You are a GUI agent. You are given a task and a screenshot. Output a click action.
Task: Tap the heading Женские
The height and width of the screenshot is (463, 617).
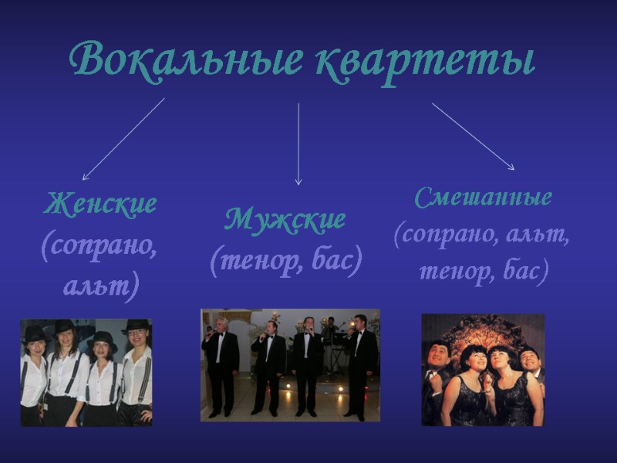pyautogui.click(x=100, y=204)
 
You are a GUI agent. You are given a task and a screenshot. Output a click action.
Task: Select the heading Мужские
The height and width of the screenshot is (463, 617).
pyautogui.click(x=285, y=221)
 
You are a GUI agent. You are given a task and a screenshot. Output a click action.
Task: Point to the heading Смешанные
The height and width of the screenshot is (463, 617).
pyautogui.click(x=484, y=198)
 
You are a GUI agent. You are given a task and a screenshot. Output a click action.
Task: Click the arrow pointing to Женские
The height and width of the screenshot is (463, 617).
pyautogui.click(x=123, y=139)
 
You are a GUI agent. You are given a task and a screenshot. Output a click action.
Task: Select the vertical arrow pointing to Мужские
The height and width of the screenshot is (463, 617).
pyautogui.click(x=298, y=144)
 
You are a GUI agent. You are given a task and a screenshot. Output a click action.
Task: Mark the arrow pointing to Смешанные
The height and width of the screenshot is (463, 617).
pyautogui.click(x=473, y=136)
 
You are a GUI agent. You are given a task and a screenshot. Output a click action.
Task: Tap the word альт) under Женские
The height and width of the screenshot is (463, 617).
pyautogui.click(x=100, y=287)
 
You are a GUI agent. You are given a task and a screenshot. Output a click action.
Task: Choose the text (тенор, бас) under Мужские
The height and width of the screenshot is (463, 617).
pyautogui.click(x=285, y=262)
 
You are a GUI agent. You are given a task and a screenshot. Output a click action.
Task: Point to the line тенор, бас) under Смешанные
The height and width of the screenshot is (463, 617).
pyautogui.click(x=484, y=270)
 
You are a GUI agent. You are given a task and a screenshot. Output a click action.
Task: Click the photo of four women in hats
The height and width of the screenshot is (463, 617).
pyautogui.click(x=86, y=372)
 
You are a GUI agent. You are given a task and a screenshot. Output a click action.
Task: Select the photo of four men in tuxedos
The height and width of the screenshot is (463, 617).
pyautogui.click(x=290, y=365)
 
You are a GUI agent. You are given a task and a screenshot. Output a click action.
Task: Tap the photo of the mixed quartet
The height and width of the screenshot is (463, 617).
pyautogui.click(x=483, y=370)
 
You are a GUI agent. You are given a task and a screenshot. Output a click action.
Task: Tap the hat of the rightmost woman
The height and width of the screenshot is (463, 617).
pyautogui.click(x=137, y=326)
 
